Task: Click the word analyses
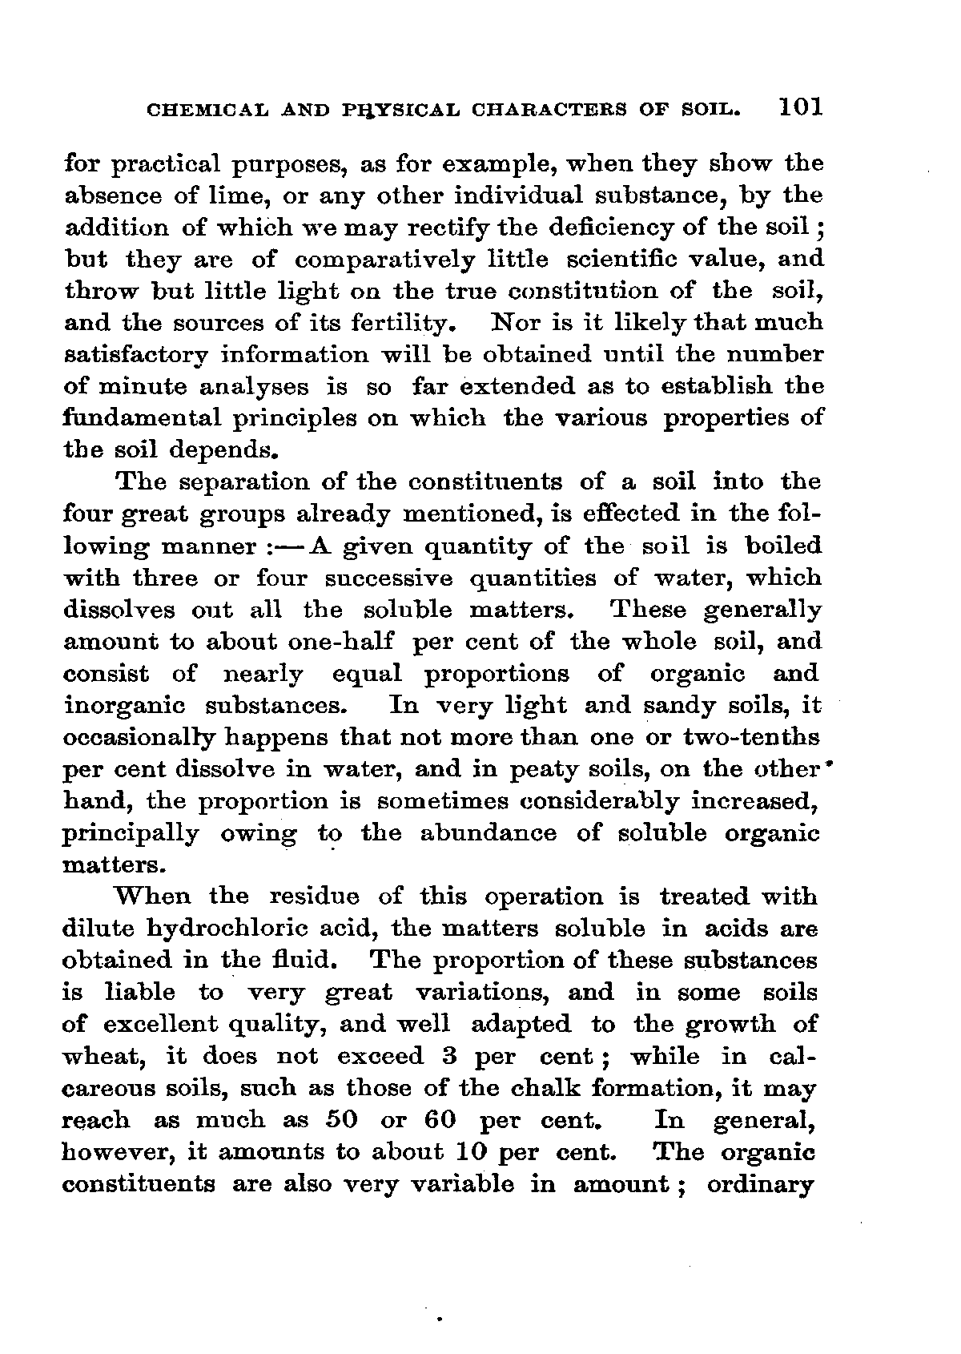[242, 387]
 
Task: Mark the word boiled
[782, 546]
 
